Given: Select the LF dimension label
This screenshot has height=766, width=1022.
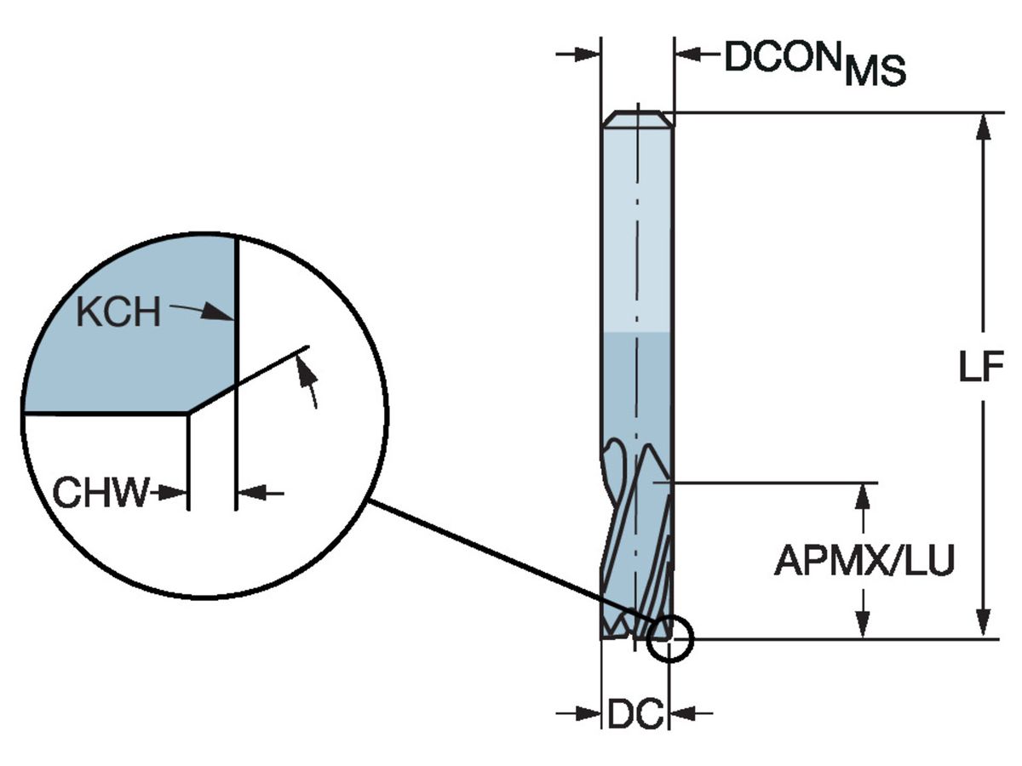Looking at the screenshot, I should (981, 370).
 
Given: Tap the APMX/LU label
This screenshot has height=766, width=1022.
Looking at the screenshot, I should (864, 562).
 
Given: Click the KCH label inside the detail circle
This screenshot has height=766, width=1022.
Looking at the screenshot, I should (118, 313).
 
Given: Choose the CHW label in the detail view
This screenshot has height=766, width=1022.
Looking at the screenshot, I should (100, 493).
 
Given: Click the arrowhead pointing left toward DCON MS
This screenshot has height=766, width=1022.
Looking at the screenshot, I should (687, 55).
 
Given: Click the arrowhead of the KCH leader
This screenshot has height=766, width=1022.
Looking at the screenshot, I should (223, 316).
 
